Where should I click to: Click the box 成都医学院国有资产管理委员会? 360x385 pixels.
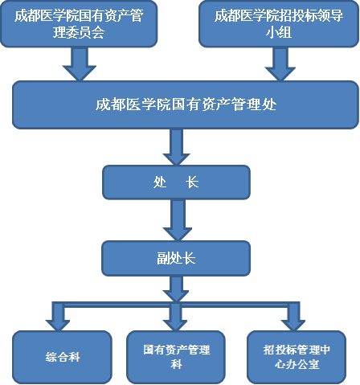click(79, 24)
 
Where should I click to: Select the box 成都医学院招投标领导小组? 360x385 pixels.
click(277, 24)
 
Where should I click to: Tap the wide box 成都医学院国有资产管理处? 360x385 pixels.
click(186, 104)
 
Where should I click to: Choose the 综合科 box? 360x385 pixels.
click(62, 355)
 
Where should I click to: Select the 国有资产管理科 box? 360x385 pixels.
click(176, 355)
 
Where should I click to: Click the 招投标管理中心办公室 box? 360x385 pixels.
click(296, 355)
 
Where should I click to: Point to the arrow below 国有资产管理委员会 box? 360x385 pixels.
click(79, 63)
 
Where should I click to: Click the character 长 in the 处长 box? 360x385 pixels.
click(192, 182)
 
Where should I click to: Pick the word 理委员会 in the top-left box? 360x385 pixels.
click(79, 34)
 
